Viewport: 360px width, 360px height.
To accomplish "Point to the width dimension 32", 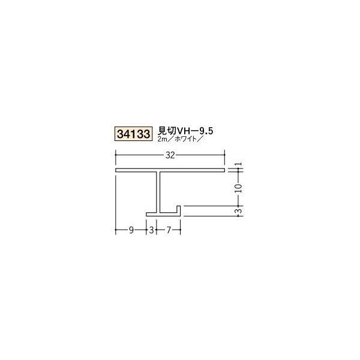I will pos(170,155).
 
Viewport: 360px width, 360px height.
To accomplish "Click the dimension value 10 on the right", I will pos(238,188).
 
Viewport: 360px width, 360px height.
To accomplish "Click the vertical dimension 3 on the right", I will pos(238,211).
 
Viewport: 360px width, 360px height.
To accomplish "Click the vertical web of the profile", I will pos(161,192).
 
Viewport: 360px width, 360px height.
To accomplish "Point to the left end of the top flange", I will pos(117,172).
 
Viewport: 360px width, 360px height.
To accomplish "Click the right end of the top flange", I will pos(223,172).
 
